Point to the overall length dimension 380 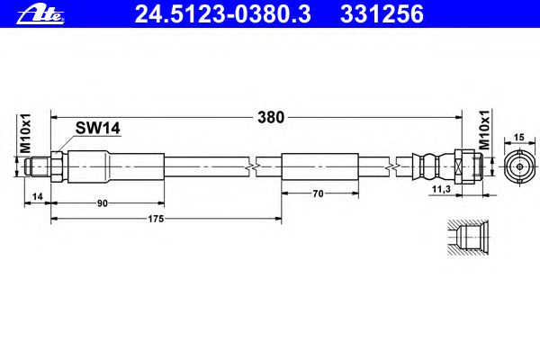pos(271,116)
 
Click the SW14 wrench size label pos(97,130)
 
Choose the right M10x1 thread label pos(483,130)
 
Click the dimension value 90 pos(103,203)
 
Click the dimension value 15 pos(517,137)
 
